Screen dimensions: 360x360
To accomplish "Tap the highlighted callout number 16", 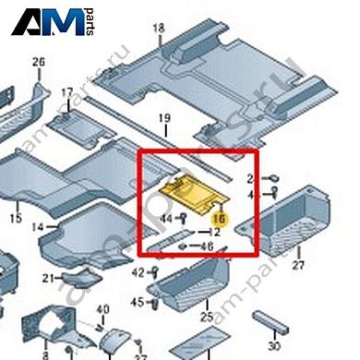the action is coord(220,219).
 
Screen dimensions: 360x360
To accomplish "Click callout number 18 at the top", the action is coord(158,29).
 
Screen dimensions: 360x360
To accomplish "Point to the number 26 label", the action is coord(38,62).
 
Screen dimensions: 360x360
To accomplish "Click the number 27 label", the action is coord(297,266).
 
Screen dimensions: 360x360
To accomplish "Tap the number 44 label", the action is coord(167,218).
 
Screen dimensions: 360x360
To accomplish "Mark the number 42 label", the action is coord(138,272).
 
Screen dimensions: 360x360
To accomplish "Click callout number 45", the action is coord(138,302).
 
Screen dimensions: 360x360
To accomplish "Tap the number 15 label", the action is coord(15,218).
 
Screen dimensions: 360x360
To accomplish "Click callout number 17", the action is coord(66,93).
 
